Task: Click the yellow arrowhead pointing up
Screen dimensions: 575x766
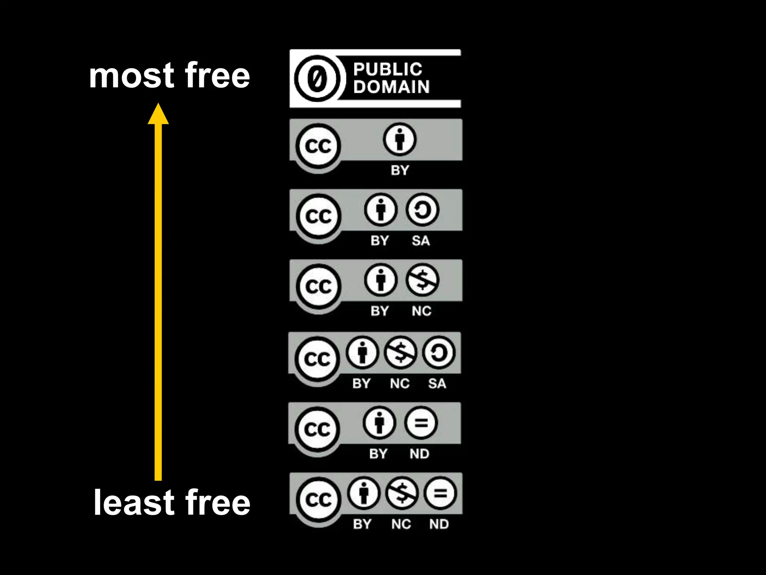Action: pos(158,114)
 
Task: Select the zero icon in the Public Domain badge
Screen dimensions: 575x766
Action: pos(317,79)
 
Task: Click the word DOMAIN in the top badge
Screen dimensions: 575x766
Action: pos(391,87)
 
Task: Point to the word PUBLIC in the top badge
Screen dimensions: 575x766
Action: pos(388,69)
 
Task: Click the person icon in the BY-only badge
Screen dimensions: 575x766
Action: pos(399,139)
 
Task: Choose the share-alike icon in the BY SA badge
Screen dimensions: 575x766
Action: pos(422,210)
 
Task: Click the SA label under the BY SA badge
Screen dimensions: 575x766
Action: pos(421,241)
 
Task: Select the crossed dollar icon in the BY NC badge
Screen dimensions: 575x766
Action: pos(422,280)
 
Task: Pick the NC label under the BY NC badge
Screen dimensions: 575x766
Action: pos(422,311)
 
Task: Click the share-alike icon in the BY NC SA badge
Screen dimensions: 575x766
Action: pos(439,352)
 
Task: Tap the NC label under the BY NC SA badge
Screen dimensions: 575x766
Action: pos(400,384)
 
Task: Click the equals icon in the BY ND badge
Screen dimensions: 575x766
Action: pos(421,423)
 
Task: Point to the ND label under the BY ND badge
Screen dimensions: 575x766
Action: pos(419,454)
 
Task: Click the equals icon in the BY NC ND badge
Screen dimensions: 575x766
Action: pos(440,493)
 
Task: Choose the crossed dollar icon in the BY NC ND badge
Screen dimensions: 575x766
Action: pos(402,493)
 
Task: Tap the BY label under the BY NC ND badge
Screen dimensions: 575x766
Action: pos(362,524)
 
